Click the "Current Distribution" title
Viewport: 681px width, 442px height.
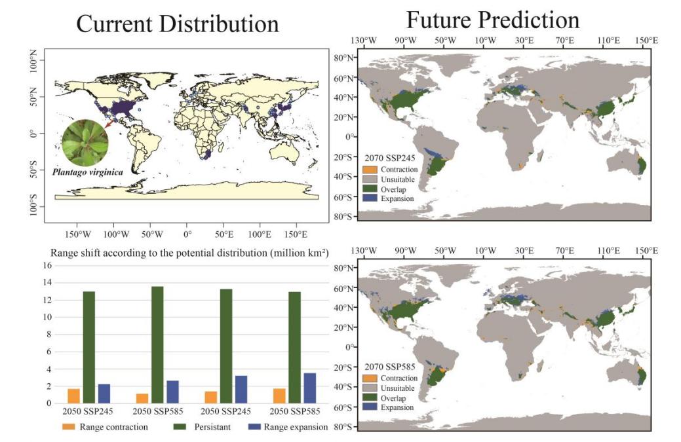click(177, 24)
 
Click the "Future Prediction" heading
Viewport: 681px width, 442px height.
click(492, 20)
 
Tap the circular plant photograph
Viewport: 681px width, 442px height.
click(85, 142)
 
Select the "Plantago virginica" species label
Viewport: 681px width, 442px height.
click(88, 172)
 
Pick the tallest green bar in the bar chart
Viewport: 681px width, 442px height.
click(157, 344)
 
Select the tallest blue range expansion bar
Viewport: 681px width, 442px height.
click(309, 388)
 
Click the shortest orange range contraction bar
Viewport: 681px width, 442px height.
click(142, 398)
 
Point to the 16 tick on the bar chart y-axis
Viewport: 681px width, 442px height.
click(47, 265)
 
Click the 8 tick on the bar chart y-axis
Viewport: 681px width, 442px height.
click(49, 335)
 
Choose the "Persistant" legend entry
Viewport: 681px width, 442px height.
click(202, 427)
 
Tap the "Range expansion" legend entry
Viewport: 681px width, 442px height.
click(288, 427)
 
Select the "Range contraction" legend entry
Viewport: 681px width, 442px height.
click(105, 427)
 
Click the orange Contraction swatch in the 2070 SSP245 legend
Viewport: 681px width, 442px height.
click(370, 169)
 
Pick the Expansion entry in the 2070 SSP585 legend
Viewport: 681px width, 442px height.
click(388, 407)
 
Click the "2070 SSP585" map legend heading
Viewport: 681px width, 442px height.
click(389, 367)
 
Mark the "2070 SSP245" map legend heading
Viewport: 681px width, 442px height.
click(389, 158)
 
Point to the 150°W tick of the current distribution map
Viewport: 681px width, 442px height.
click(78, 234)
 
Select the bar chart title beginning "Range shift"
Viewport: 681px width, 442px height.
click(189, 253)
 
